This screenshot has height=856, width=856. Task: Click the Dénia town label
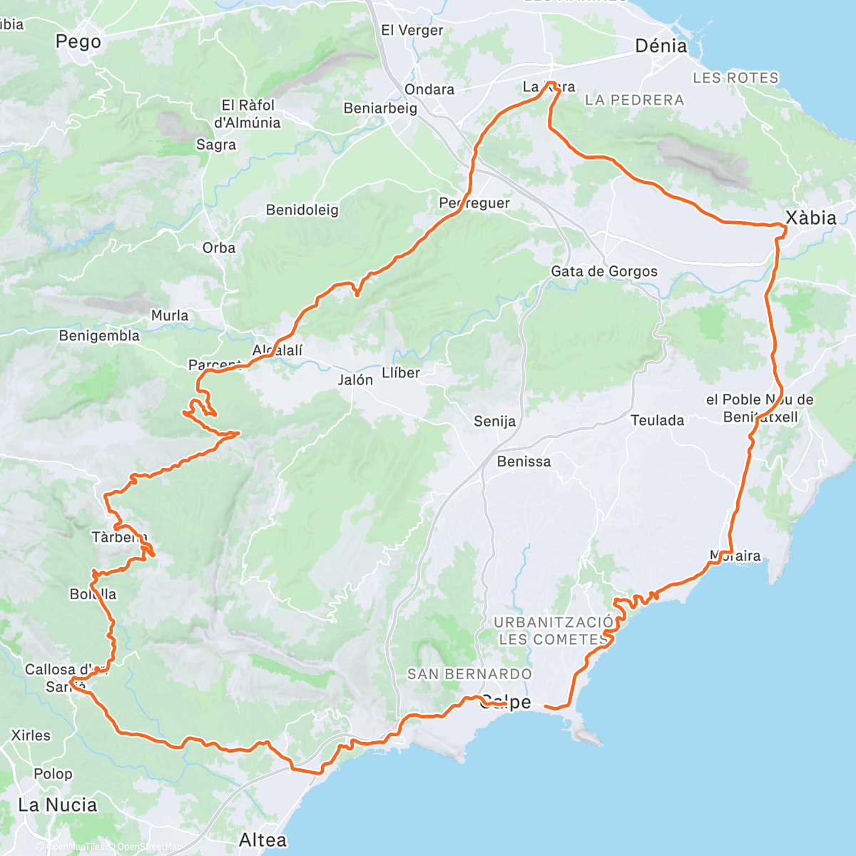[x=661, y=46]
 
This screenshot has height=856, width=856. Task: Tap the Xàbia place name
[x=810, y=218]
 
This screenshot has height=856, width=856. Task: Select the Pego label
[x=78, y=42]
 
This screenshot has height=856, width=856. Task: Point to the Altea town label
[x=263, y=840]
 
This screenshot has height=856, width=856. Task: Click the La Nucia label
[x=58, y=805]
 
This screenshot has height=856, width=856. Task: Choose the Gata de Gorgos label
[x=604, y=271]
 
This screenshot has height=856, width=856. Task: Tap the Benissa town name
[x=524, y=462]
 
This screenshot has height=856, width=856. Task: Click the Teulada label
[x=657, y=420]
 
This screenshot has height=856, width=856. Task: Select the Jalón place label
[x=355, y=380]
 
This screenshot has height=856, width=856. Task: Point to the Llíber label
[x=401, y=372]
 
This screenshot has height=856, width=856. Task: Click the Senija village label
[x=494, y=422]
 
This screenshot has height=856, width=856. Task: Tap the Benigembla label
[x=99, y=335]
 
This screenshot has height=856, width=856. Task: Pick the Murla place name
[x=170, y=315]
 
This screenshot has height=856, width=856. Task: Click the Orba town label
[x=219, y=248]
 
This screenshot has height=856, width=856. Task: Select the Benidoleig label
[x=302, y=210]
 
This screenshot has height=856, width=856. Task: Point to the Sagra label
[x=216, y=145]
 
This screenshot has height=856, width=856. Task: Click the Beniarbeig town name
[x=380, y=108]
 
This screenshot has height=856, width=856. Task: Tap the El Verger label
[x=412, y=30]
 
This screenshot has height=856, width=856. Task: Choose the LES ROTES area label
[x=735, y=78]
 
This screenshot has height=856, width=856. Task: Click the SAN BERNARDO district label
[x=469, y=674]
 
